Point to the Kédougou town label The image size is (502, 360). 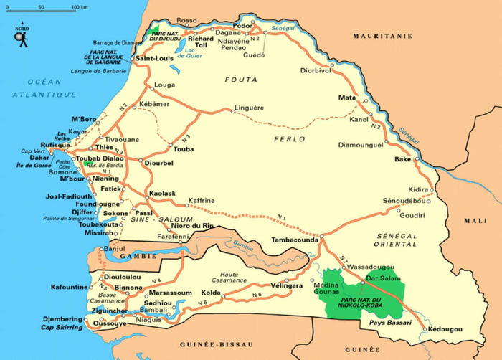tap(445, 330)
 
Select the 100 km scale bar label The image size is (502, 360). tap(80, 7)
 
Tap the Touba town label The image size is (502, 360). tap(184, 149)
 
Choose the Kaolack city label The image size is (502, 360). tap(161, 194)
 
